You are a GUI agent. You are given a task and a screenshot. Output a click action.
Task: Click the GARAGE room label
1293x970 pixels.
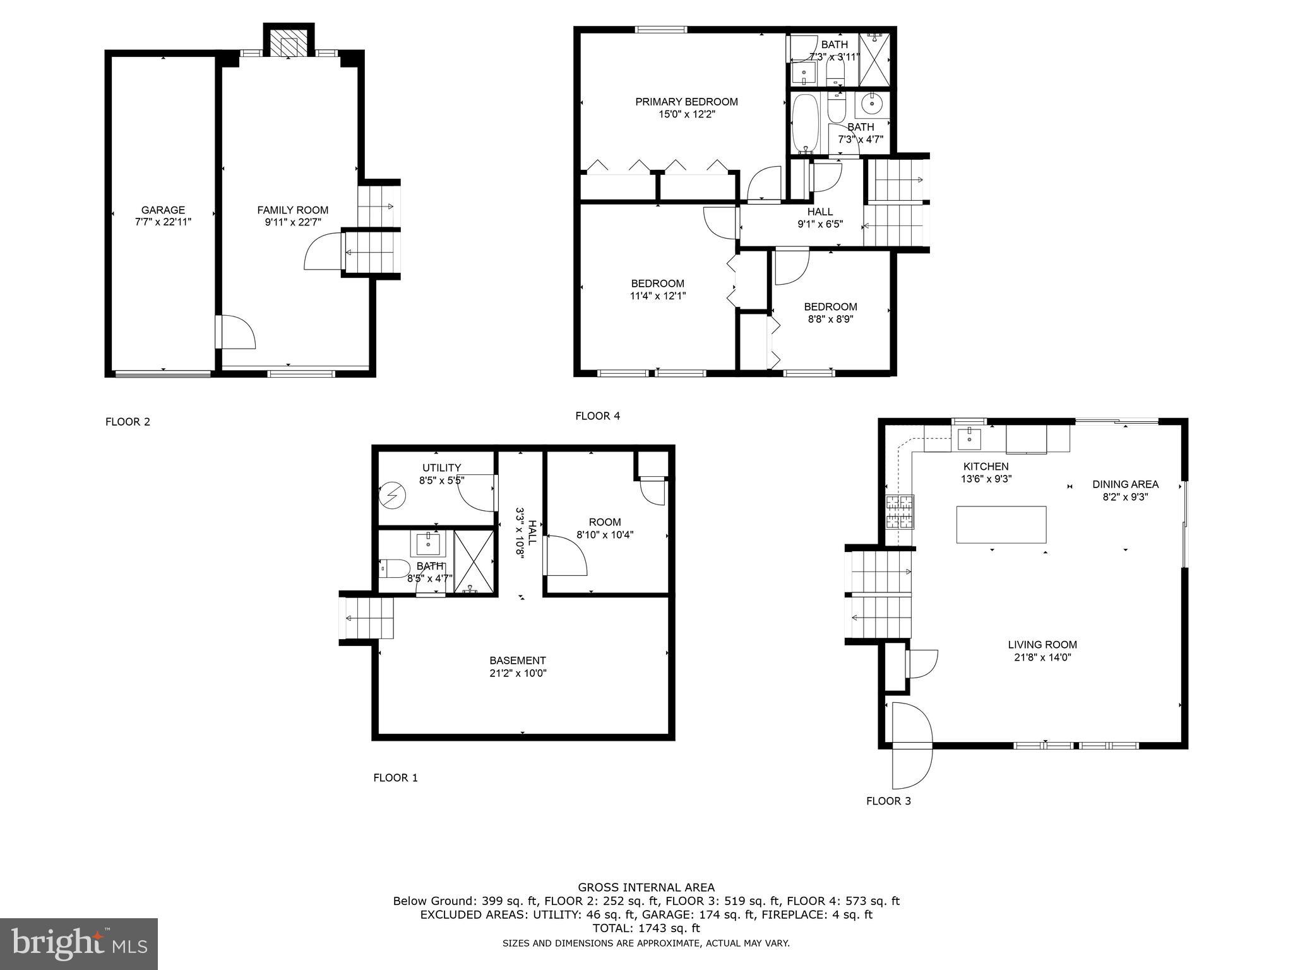(163, 210)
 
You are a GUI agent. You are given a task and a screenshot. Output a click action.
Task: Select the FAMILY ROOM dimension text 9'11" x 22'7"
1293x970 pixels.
(292, 222)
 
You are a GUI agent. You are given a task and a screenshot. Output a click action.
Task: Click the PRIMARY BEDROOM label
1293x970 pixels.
(686, 102)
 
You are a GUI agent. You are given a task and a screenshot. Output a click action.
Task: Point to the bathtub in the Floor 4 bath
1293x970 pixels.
(805, 124)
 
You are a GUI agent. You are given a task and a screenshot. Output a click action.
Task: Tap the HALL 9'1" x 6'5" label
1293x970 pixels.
(819, 218)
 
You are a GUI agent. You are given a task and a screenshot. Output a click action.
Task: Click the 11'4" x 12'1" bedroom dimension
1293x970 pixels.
(657, 296)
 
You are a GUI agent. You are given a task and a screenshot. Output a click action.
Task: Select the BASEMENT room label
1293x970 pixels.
(518, 661)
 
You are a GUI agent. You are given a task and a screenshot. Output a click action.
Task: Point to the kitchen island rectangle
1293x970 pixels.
(1001, 524)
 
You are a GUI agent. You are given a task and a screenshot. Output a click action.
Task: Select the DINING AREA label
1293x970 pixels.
(1126, 484)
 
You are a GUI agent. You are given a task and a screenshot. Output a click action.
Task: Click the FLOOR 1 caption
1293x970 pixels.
(395, 777)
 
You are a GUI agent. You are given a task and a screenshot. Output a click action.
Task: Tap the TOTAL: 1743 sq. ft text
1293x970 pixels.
(646, 928)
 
